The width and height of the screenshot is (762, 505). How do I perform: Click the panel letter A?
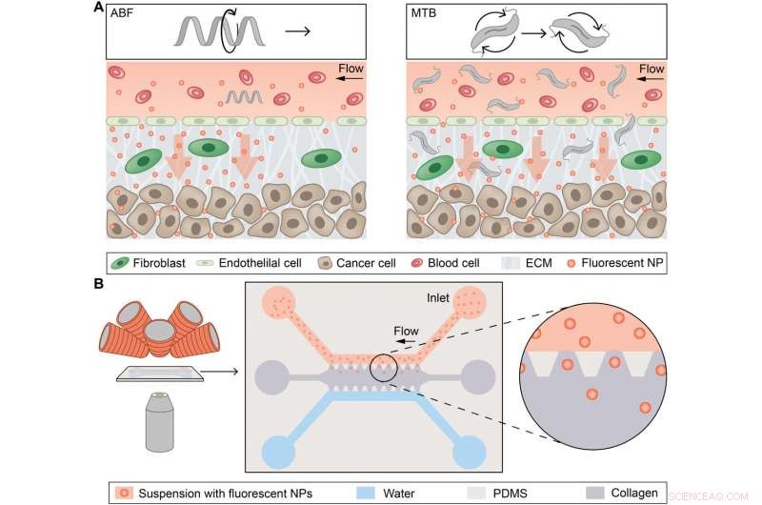[x=99, y=8]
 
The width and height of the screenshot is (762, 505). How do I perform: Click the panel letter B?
[x=99, y=284]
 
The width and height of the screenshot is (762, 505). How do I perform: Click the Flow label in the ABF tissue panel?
[x=352, y=70]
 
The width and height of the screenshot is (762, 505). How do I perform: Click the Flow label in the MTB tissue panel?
[x=651, y=70]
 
